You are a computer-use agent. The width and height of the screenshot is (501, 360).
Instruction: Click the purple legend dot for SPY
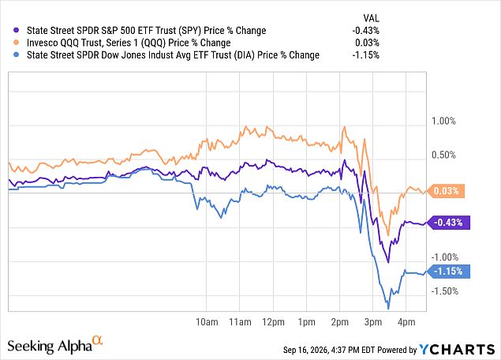pos(17,30)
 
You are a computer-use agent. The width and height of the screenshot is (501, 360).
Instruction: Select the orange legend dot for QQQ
pos(17,43)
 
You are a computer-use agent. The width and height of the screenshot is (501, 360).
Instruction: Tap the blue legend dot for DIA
pos(17,54)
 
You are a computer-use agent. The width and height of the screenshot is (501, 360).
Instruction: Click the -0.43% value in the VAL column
pos(365,31)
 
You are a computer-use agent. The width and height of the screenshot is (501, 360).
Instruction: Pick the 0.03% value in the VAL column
pos(367,43)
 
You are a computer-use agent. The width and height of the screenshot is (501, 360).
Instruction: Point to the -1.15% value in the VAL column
pos(365,55)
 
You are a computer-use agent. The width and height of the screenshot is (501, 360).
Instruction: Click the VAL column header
pos(371,18)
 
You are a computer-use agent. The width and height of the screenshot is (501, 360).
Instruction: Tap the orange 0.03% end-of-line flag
pos(446,191)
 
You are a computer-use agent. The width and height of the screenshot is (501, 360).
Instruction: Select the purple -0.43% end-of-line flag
pos(448,223)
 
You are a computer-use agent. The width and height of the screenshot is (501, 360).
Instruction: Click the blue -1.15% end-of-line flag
pos(448,272)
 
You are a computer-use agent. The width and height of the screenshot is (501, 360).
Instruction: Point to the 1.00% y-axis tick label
pos(443,121)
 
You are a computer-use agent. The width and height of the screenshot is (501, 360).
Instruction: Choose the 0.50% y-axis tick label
pos(443,155)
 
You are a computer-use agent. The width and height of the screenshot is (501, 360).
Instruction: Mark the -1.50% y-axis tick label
pos(445,291)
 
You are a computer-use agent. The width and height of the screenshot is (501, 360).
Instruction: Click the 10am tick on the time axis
pos(207,321)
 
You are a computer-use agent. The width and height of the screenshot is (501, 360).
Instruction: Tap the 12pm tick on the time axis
pos(273,321)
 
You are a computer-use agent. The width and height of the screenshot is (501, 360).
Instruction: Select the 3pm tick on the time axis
pos(373,321)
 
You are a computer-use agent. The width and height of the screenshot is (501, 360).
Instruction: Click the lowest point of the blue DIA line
pos(388,309)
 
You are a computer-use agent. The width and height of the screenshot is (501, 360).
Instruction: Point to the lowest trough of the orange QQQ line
pos(388,235)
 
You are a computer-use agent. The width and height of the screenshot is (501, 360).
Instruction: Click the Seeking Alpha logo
pos(55,345)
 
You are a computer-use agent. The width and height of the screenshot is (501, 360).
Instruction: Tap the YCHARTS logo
pos(457,349)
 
